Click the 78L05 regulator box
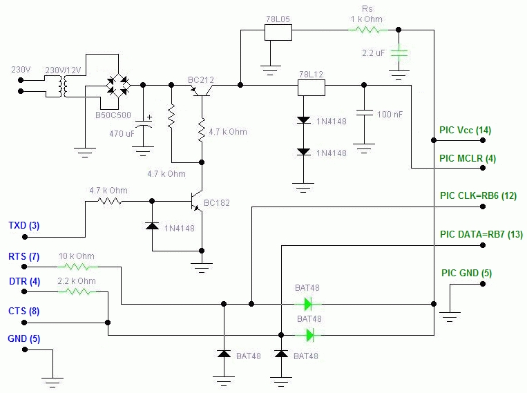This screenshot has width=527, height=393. point(278,32)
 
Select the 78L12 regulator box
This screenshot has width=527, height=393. point(311,87)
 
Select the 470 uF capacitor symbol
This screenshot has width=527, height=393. point(144,125)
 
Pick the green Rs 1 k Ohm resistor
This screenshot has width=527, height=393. point(366,30)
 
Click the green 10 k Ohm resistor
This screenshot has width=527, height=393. point(76,265)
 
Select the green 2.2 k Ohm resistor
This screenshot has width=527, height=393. point(76,291)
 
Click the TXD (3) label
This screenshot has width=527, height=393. point(24,225)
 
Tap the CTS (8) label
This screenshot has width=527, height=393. point(23,311)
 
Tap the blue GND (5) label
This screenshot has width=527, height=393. point(23,339)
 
